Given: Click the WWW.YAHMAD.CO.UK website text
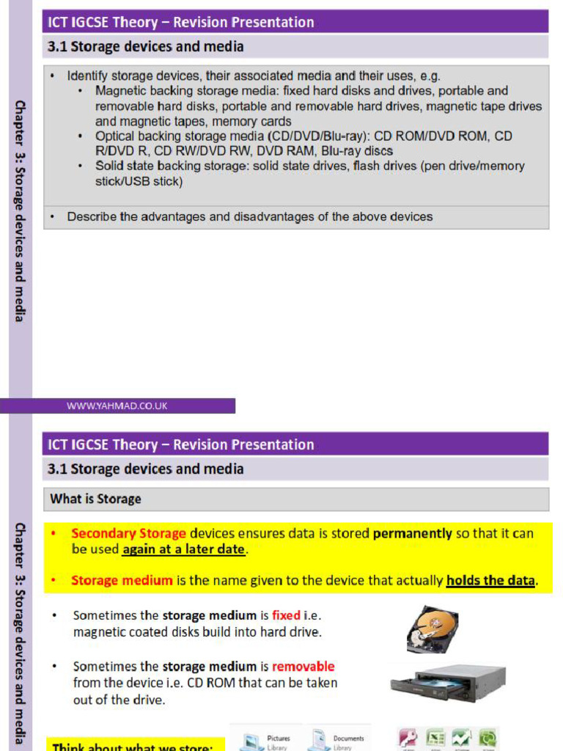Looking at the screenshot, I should (x=117, y=406).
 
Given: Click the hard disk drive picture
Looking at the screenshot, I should (x=433, y=629).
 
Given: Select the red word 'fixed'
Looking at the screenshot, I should (x=286, y=615).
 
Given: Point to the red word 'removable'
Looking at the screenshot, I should (x=303, y=667).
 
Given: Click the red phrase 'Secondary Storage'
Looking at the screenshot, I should (x=128, y=533).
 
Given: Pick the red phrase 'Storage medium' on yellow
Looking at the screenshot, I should (x=122, y=580).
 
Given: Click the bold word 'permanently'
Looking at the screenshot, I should (x=412, y=533).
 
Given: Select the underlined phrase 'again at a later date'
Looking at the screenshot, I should (x=184, y=549).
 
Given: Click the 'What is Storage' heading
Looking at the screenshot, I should (x=95, y=499).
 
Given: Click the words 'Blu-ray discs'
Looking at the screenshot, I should (x=357, y=151).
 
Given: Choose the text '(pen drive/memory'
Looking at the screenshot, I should (x=472, y=166).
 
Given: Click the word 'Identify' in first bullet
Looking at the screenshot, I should (x=89, y=76).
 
